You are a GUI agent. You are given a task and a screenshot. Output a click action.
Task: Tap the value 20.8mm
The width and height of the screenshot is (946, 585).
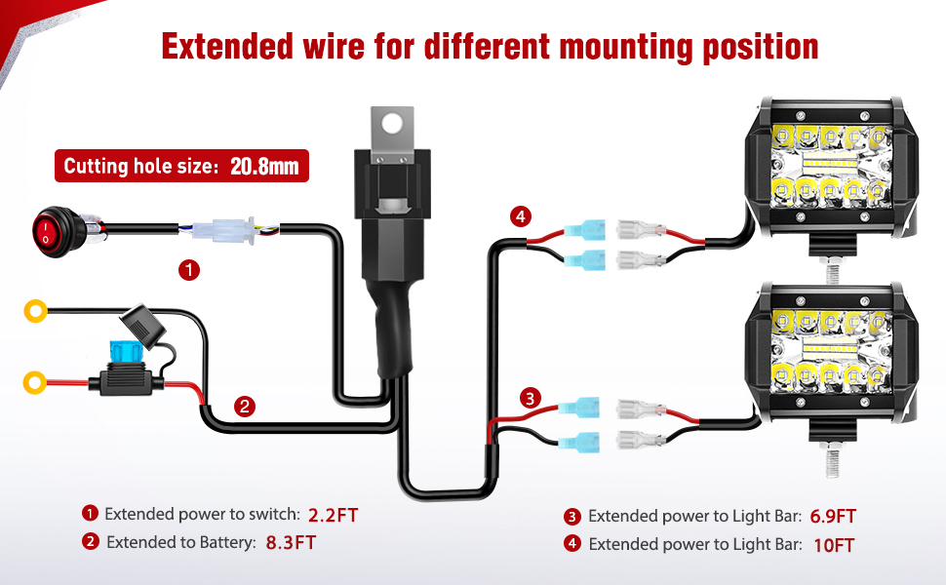[x=264, y=166]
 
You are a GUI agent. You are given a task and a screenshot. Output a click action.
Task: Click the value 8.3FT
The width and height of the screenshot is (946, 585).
[x=291, y=542]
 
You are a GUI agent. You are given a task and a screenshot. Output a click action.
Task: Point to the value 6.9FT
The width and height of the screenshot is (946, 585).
[x=833, y=517]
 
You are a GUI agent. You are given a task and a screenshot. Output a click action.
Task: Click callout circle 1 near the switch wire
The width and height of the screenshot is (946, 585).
[x=189, y=270]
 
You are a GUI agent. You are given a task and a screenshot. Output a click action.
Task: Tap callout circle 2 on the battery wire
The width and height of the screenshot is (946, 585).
[x=245, y=406]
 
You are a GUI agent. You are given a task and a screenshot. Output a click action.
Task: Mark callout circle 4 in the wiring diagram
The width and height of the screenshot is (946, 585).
[x=522, y=216]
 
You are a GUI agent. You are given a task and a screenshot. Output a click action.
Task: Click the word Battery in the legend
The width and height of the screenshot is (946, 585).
[x=230, y=542]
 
